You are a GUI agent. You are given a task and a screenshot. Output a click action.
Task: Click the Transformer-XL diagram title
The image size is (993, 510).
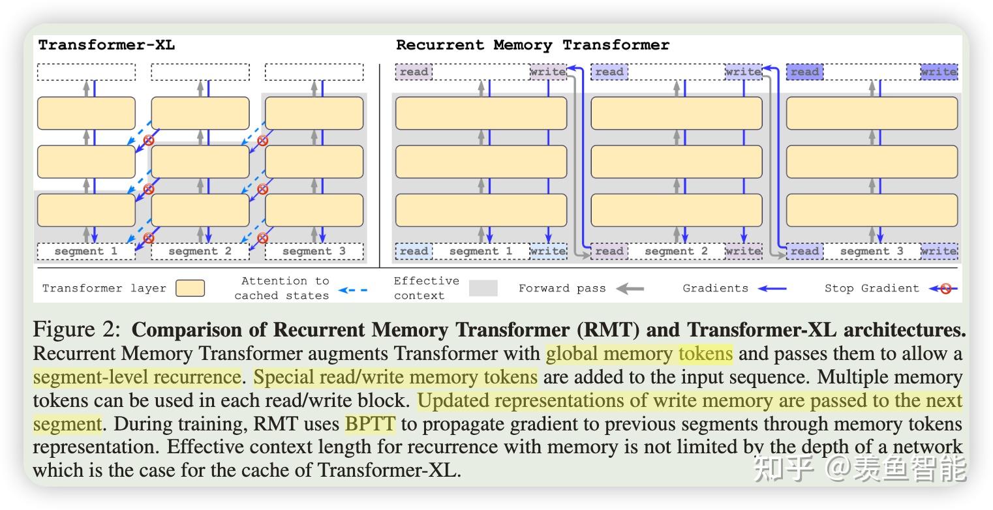[x=106, y=45]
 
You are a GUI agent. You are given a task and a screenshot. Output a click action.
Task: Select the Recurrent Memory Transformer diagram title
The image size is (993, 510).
[x=532, y=45]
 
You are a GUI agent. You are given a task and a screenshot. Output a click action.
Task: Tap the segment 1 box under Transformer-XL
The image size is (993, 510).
[x=86, y=251]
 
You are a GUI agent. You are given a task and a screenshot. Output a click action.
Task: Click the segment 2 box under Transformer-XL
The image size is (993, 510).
[x=200, y=251]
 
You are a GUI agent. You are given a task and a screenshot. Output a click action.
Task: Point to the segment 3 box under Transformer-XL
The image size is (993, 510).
[x=314, y=251]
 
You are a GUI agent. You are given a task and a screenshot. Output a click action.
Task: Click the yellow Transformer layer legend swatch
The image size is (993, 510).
[x=190, y=288]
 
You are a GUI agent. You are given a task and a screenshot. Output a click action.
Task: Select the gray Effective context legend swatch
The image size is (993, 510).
[x=483, y=288]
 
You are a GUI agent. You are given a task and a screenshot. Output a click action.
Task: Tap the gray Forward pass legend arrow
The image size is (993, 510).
[x=630, y=288]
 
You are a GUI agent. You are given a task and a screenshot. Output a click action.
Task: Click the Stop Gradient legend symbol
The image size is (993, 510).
[x=944, y=288]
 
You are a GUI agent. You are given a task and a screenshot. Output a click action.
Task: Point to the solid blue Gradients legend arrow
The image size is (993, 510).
[x=772, y=288]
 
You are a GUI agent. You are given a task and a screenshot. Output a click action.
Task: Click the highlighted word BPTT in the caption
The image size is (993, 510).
[x=370, y=424]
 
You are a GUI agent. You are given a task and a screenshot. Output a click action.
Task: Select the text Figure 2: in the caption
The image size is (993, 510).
[x=76, y=329]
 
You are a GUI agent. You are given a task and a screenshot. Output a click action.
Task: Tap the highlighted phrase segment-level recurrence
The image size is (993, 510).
[x=137, y=377]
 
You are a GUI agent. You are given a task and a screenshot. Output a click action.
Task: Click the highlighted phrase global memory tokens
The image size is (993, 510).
[x=639, y=353]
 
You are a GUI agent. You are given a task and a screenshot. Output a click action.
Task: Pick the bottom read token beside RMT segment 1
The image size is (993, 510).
[x=414, y=251]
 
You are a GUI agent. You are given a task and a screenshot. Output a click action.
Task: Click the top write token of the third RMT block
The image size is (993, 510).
[x=939, y=72]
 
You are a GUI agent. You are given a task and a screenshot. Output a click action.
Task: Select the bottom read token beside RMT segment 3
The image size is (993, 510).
[x=804, y=251]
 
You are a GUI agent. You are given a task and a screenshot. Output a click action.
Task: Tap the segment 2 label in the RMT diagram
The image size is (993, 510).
[x=676, y=251]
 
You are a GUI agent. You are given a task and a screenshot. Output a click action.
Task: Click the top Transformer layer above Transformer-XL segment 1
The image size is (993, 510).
[x=86, y=113]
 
